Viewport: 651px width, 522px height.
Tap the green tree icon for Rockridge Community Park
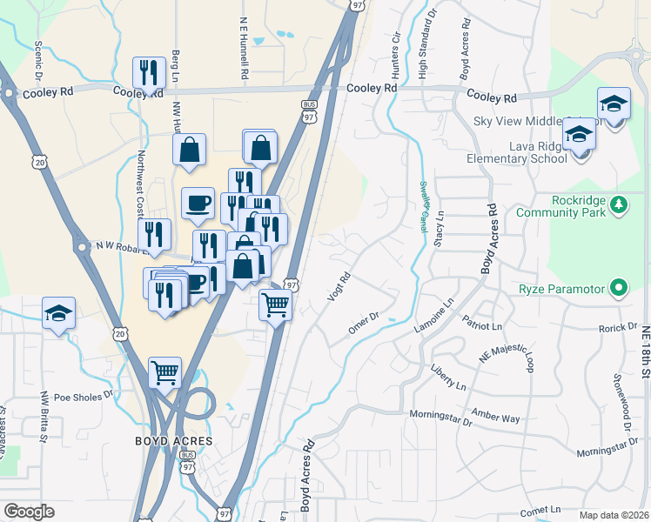pyautogui.click(x=619, y=204)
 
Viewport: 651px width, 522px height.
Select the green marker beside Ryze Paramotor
pyautogui.click(x=619, y=287)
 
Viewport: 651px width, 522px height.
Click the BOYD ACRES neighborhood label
pyautogui.click(x=174, y=441)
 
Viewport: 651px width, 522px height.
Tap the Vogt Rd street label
pyautogui.click(x=339, y=288)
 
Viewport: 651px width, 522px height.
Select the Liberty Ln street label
pyautogui.click(x=448, y=376)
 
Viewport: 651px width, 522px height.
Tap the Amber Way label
pyautogui.click(x=495, y=417)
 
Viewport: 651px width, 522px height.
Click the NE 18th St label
pyautogui.click(x=645, y=351)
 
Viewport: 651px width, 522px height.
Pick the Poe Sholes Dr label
pyautogui.click(x=84, y=395)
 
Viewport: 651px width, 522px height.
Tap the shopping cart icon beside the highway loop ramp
pyautogui.click(x=164, y=372)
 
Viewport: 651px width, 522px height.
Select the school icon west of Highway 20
pyautogui.click(x=58, y=313)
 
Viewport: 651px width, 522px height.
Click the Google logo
pyautogui.click(x=29, y=512)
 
